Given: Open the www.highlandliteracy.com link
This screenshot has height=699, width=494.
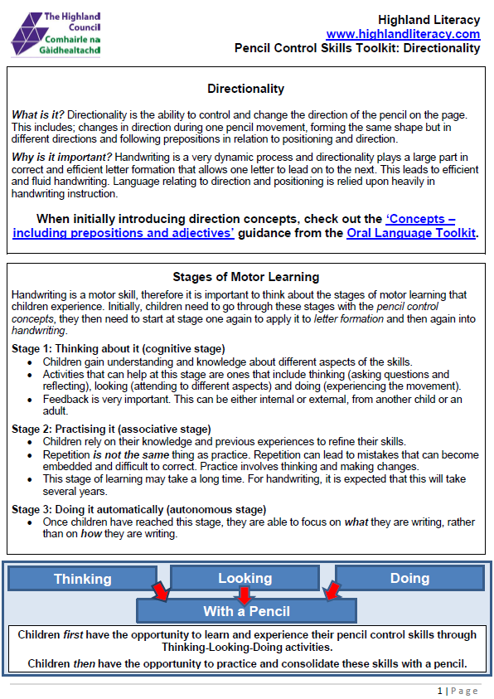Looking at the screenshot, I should (x=403, y=34).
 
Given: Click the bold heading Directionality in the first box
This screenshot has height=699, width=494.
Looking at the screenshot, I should (x=245, y=89).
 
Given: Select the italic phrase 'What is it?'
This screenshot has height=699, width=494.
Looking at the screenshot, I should (x=39, y=114).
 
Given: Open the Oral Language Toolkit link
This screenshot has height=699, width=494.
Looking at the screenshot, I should (x=410, y=233).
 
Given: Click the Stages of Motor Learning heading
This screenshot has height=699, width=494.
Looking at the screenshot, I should (x=245, y=277).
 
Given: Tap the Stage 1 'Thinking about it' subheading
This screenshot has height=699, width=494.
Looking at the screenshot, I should (x=119, y=348).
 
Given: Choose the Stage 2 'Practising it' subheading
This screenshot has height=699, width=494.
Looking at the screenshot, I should (x=111, y=429).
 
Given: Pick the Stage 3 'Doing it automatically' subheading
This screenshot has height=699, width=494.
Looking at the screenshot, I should (x=138, y=509).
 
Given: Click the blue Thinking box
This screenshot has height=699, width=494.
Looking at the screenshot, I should (x=82, y=579).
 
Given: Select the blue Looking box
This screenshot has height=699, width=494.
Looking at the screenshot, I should (x=245, y=578).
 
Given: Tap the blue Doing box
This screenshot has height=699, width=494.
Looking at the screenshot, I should (x=409, y=578).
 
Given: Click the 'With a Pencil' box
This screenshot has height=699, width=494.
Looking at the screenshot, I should (x=246, y=611).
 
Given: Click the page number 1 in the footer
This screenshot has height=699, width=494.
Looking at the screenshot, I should (x=439, y=691).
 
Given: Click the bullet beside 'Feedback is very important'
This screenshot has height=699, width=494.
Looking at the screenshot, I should (x=31, y=399).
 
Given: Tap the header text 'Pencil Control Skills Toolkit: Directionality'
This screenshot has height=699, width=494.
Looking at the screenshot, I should (x=357, y=48).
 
